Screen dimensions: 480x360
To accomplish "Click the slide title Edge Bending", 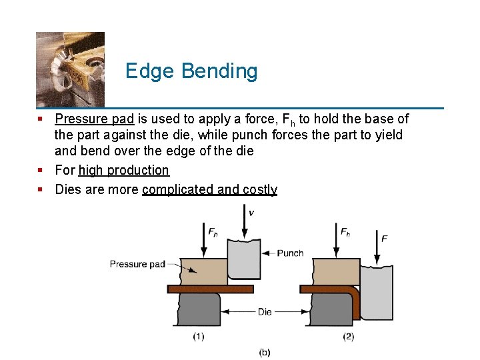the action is pyautogui.click(x=191, y=71).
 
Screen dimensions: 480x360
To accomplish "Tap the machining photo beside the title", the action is pyautogui.click(x=70, y=69).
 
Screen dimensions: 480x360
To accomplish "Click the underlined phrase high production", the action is pyautogui.click(x=123, y=171).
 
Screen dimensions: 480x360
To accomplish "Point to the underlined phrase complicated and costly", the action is pyautogui.click(x=209, y=189).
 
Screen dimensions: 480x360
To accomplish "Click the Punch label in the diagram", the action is pyautogui.click(x=290, y=253).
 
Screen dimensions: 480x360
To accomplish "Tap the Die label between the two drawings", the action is pyautogui.click(x=265, y=311).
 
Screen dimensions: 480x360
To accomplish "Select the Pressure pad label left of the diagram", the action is pyautogui.click(x=137, y=265).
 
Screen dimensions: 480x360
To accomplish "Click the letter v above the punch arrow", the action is pyautogui.click(x=251, y=213).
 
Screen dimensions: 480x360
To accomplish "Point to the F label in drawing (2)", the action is pyautogui.click(x=385, y=238).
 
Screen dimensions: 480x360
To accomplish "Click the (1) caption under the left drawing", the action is pyautogui.click(x=199, y=337).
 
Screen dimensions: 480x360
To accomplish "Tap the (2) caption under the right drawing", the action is pyautogui.click(x=349, y=337).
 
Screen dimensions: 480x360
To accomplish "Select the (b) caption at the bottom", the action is pyautogui.click(x=265, y=352).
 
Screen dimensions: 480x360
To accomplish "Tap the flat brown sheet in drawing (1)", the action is pyautogui.click(x=211, y=289).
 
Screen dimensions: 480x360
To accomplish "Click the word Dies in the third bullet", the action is pyautogui.click(x=67, y=189).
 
